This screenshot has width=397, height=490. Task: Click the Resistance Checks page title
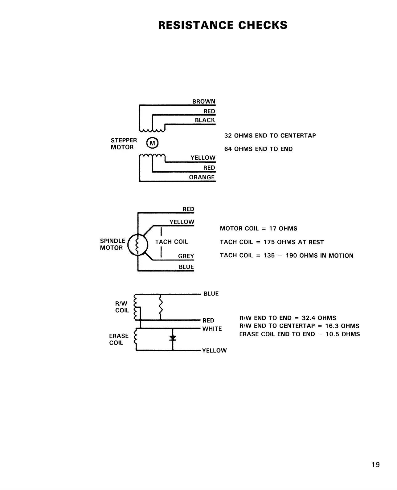(x=223, y=25)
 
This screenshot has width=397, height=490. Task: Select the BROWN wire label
(x=204, y=101)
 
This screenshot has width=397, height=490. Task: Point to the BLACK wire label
(x=205, y=120)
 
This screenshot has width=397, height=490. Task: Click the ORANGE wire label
(x=202, y=177)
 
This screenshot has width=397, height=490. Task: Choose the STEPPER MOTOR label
(x=124, y=144)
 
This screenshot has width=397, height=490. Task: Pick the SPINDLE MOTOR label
(x=112, y=244)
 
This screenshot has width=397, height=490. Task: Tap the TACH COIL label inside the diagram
(x=171, y=242)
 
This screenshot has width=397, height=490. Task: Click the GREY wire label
(x=186, y=256)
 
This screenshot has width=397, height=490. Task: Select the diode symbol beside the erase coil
(x=173, y=338)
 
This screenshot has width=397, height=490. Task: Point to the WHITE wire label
(x=212, y=329)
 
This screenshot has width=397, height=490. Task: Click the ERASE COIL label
(x=119, y=339)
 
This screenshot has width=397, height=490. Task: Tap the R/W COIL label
(x=122, y=307)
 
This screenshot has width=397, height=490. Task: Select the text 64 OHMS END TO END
(x=258, y=149)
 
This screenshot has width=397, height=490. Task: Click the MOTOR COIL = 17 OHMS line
(x=259, y=229)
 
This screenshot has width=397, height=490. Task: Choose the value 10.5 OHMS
(x=343, y=334)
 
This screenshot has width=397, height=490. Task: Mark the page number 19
(x=376, y=465)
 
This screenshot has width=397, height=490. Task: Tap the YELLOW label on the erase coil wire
(x=214, y=351)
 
